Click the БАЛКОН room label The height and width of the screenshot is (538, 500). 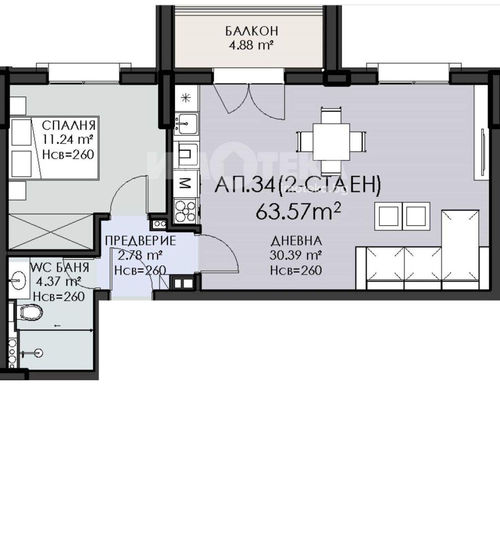click(252, 31)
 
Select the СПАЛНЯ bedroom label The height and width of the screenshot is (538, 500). click(68, 125)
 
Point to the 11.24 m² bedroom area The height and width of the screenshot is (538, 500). click(68, 139)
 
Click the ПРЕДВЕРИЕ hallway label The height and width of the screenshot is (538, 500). click(141, 241)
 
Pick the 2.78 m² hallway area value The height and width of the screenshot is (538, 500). click(140, 256)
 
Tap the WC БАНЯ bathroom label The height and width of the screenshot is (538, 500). click(60, 267)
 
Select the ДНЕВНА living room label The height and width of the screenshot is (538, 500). click(296, 241)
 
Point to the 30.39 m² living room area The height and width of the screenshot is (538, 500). click(295, 256)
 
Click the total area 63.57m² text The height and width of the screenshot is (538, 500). click(298, 211)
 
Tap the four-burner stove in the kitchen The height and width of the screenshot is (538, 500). click(186, 211)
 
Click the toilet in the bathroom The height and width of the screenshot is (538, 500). click(31, 312)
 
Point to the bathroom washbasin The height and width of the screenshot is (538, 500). click(19, 279)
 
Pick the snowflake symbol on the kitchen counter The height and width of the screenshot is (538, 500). click(186, 98)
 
